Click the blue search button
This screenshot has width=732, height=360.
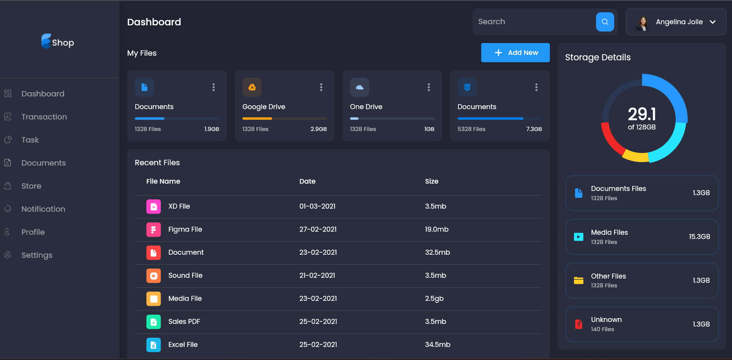coord(605,22)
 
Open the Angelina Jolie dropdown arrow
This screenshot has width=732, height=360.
coord(713,22)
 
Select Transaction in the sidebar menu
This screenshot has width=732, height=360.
coord(44,117)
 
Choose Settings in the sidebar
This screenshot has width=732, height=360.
coord(37,255)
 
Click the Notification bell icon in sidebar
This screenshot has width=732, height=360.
coord(8,209)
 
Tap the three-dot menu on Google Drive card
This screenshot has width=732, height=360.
coord(321,87)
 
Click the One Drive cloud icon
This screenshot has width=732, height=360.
coord(359,87)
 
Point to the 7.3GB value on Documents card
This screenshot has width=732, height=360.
coord(534,129)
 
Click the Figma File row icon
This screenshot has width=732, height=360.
coord(153,229)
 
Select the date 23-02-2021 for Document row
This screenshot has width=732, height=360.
coord(318,252)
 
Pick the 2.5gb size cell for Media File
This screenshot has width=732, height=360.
coord(434,299)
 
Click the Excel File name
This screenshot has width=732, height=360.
coord(183,345)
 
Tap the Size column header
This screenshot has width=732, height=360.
coord(432,181)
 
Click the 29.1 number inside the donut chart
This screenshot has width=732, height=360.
coord(642,114)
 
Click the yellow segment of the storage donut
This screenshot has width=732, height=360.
coord(635,156)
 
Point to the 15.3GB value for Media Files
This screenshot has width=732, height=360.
coord(699,237)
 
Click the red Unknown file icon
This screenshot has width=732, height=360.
coord(578,324)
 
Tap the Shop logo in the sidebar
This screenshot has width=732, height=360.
coord(58,41)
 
